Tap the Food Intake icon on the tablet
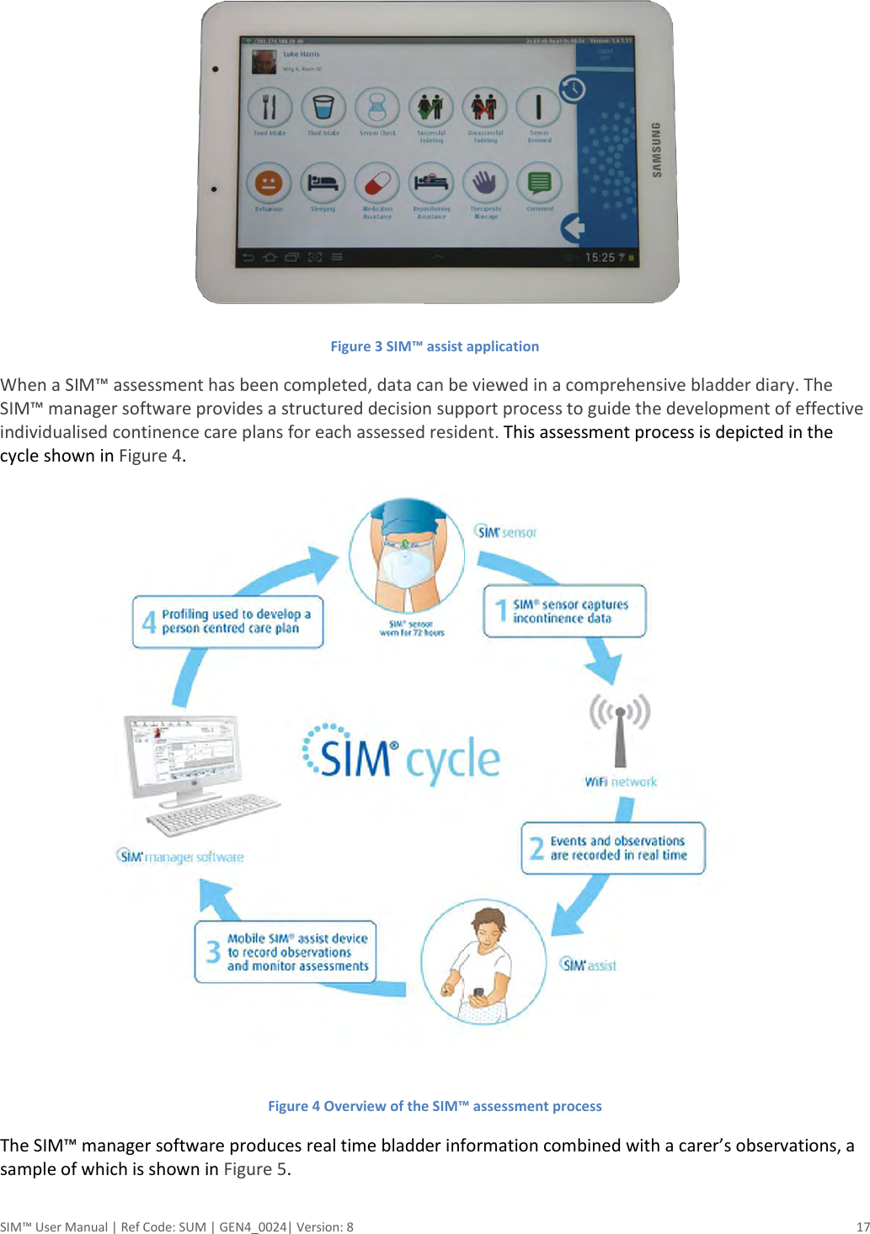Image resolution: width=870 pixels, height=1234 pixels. pos(270,108)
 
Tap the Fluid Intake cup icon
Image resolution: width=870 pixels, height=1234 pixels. pos(323,108)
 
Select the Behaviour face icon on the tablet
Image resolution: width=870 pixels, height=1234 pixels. pos(269,183)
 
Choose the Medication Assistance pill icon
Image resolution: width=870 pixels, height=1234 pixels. pos(376,183)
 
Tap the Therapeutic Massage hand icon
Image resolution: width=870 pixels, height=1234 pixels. pos(485,183)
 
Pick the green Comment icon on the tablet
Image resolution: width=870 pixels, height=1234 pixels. pos(539,183)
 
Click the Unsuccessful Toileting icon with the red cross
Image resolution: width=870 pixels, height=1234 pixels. pos(484,108)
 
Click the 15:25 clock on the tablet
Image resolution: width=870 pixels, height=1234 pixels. pos(600,257)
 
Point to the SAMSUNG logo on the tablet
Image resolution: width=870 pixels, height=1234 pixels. pos(657,149)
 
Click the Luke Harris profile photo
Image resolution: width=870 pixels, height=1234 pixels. pos(264,61)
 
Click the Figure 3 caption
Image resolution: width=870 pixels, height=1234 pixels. pos(435,346)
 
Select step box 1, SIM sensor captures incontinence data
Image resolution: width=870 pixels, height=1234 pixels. pos(564,611)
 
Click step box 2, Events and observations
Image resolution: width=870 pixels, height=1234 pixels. pos(612,848)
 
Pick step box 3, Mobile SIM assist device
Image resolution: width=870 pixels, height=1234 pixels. pos(286,952)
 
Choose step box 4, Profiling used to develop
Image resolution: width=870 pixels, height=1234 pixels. pos(227,622)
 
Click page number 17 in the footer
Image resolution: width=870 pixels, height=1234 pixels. pos(862,1226)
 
